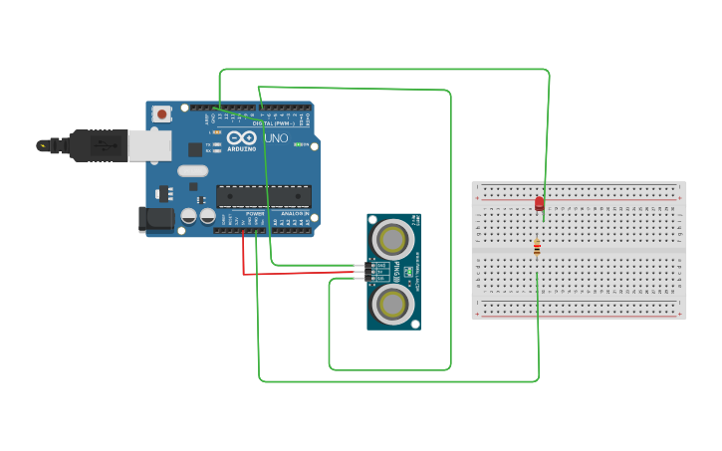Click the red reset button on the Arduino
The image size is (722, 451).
click(x=161, y=114)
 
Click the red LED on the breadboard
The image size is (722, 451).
click(x=539, y=203)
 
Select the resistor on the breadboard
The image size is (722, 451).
click(x=537, y=247)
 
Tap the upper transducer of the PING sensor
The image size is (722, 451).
click(x=393, y=239)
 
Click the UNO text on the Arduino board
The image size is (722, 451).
click(x=276, y=138)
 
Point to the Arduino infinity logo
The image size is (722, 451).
click(x=242, y=138)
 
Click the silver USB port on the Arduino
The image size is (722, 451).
click(x=149, y=145)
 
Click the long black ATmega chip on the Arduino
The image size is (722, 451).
click(x=263, y=196)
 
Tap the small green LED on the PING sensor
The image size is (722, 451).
click(x=408, y=271)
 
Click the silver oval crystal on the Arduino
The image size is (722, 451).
click(x=193, y=170)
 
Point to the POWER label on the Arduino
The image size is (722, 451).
click(x=255, y=213)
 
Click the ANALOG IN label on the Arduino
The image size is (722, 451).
click(x=293, y=213)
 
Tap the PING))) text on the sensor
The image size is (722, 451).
click(x=396, y=270)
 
